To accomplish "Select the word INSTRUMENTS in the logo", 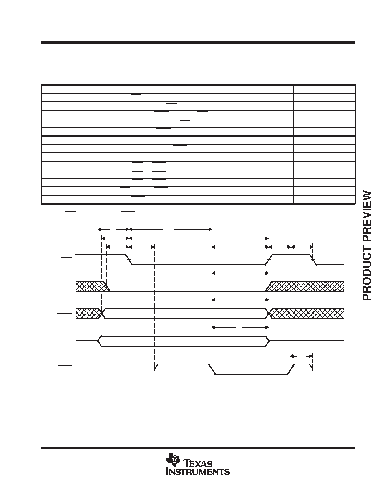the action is pos(198,471).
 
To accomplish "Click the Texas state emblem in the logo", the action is pos(173,460).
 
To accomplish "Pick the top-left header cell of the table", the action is pos(50,89).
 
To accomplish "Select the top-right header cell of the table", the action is pos(344,89).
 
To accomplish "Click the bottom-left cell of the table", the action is pos(50,200).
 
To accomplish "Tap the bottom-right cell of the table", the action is pos(344,200).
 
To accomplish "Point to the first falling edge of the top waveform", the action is pos(129,259).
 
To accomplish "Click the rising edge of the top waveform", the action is pos(269,259).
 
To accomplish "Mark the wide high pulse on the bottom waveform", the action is pos(183,364).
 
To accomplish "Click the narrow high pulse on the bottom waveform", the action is pos(302,364).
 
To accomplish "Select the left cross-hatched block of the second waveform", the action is pos(91,286).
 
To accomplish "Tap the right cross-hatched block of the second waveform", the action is pos(305,286).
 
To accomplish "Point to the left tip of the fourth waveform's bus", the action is pos(98,341).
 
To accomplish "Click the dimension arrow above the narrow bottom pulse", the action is pos(302,356).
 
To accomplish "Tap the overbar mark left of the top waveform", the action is pos(67,258).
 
